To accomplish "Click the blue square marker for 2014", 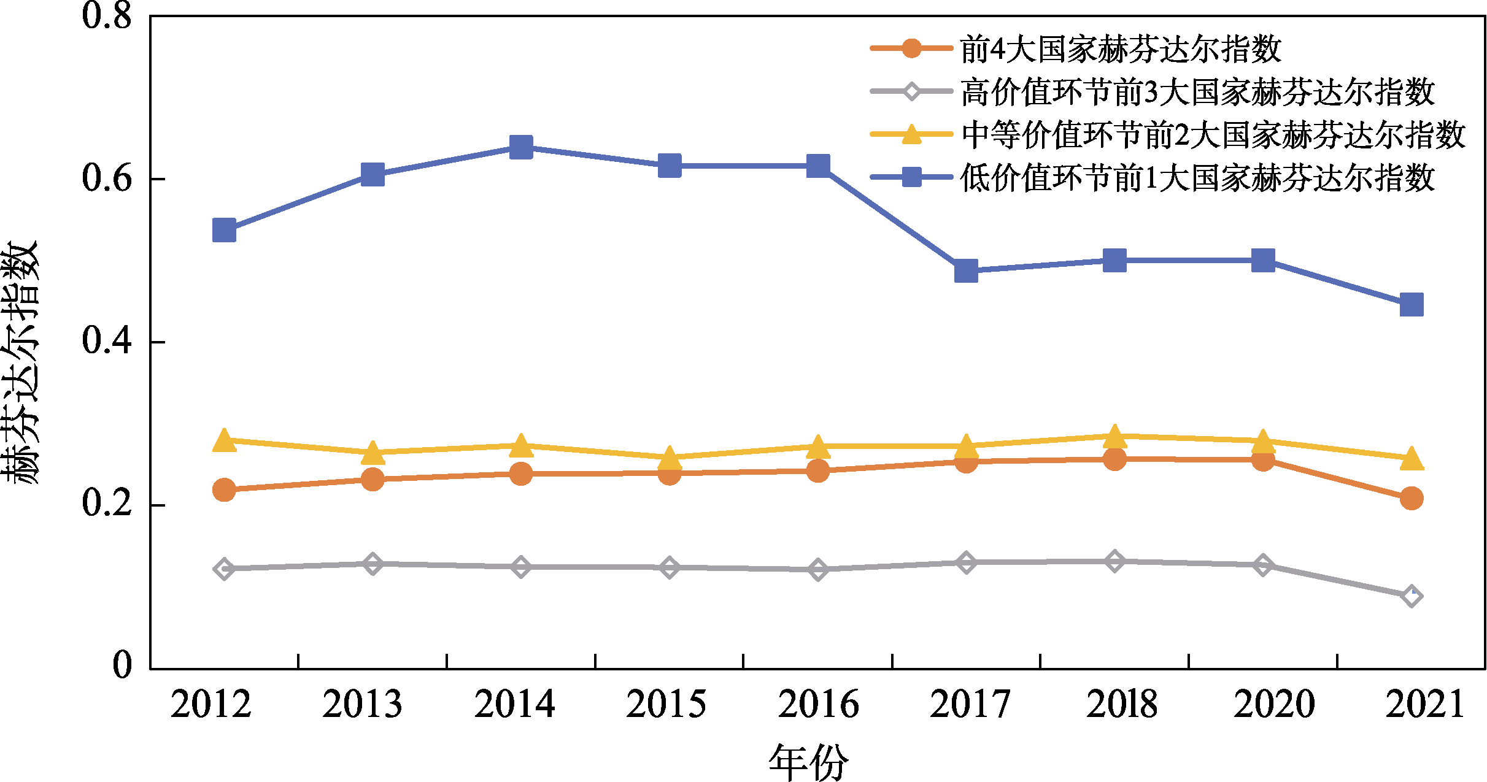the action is pos(521,147).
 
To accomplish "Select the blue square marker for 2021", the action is pos(1412,304).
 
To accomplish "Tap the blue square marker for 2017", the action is pos(966,270).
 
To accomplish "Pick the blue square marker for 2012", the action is pos(224,231).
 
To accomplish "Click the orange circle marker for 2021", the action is pos(1412,498).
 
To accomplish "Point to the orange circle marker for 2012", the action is pos(224,489).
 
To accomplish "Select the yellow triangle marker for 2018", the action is pos(1114,437).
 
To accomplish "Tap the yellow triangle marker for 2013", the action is pos(373,452).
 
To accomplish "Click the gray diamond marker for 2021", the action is pos(1412,596).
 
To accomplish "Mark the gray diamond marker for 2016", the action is pos(817,569).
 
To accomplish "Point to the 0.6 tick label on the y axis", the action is pos(107,178).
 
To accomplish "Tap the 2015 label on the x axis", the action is pos(666,704).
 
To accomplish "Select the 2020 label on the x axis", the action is pos(1275,704).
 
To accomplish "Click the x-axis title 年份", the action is pos(808,762).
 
